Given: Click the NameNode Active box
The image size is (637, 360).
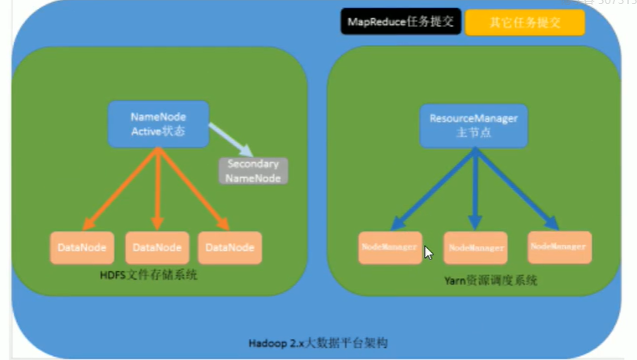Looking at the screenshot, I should (158, 124).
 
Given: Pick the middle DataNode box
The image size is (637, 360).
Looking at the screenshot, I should (157, 247).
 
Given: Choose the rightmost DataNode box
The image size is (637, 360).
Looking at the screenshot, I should (230, 247).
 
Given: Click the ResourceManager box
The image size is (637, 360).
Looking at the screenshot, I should (474, 125).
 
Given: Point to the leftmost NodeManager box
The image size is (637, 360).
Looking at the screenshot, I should (390, 246).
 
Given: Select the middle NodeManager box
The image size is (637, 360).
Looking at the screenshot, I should (475, 247).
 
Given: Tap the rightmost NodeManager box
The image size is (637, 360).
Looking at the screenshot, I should (558, 246).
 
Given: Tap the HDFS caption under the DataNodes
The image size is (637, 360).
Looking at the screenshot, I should (147, 276).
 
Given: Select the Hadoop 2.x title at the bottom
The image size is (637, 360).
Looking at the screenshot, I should (318, 343).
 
